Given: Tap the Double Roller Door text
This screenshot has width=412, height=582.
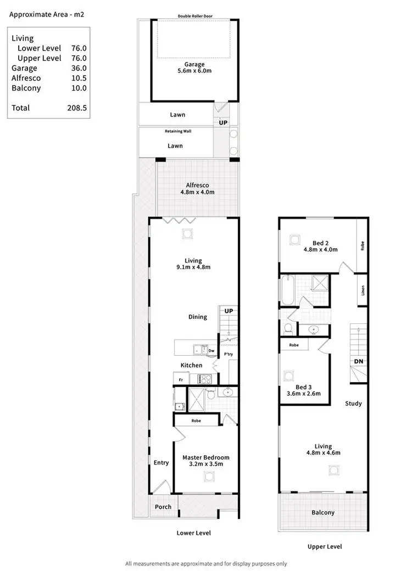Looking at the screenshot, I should (195, 16).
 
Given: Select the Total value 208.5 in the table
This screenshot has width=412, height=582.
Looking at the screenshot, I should (76, 108).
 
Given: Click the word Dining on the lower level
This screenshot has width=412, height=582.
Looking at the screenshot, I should (198, 317).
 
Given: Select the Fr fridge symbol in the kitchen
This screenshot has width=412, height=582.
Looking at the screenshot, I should (180, 379).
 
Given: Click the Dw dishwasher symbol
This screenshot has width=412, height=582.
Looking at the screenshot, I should (211, 350).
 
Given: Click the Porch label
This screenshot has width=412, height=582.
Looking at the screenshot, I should (163, 507).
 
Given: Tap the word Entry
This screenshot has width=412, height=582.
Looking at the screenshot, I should (161, 462).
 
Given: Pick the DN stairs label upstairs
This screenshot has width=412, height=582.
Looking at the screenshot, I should (358, 362).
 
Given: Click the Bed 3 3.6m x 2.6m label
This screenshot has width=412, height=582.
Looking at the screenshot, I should (304, 390).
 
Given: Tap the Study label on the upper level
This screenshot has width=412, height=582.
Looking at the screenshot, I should (353, 404).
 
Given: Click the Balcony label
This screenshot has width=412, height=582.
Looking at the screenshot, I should (323, 512).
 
